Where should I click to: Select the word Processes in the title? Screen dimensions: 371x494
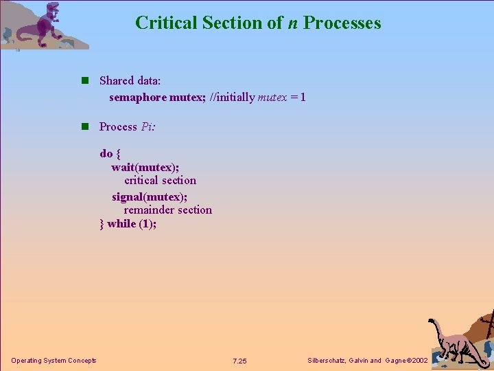pyautogui.click(x=342, y=23)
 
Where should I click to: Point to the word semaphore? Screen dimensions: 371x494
pyautogui.click(x=137, y=98)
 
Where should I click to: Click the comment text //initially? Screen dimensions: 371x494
pyautogui.click(x=231, y=98)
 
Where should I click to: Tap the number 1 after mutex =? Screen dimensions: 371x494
pyautogui.click(x=302, y=98)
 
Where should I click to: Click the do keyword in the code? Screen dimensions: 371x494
pyautogui.click(x=106, y=153)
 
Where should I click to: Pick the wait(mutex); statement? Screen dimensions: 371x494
pyautogui.click(x=145, y=167)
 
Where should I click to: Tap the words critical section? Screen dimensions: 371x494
pyautogui.click(x=160, y=181)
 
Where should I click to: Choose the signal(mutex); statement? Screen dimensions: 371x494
pyautogui.click(x=150, y=196)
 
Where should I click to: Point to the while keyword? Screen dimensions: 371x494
pyautogui.click(x=121, y=224)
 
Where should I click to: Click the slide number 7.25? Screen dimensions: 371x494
pyautogui.click(x=239, y=361)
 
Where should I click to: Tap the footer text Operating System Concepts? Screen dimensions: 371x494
pyautogui.click(x=54, y=361)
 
